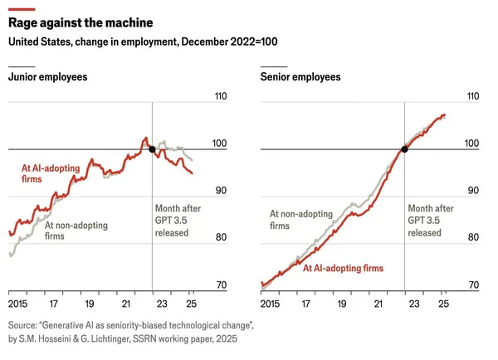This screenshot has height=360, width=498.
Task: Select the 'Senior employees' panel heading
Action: (300, 77)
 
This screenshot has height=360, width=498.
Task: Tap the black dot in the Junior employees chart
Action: (152, 149)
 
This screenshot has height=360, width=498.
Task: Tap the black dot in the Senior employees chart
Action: (404, 149)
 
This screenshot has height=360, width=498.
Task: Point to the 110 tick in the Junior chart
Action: (220, 97)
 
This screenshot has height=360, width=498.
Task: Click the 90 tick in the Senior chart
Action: (472, 191)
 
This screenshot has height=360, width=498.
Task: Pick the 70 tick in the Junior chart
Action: (220, 285)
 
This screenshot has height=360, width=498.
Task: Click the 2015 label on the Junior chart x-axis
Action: (17, 304)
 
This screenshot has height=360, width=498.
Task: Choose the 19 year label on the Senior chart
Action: (342, 304)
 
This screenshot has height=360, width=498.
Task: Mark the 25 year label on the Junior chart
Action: (192, 304)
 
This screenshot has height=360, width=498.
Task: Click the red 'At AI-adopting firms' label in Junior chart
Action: (51, 173)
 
